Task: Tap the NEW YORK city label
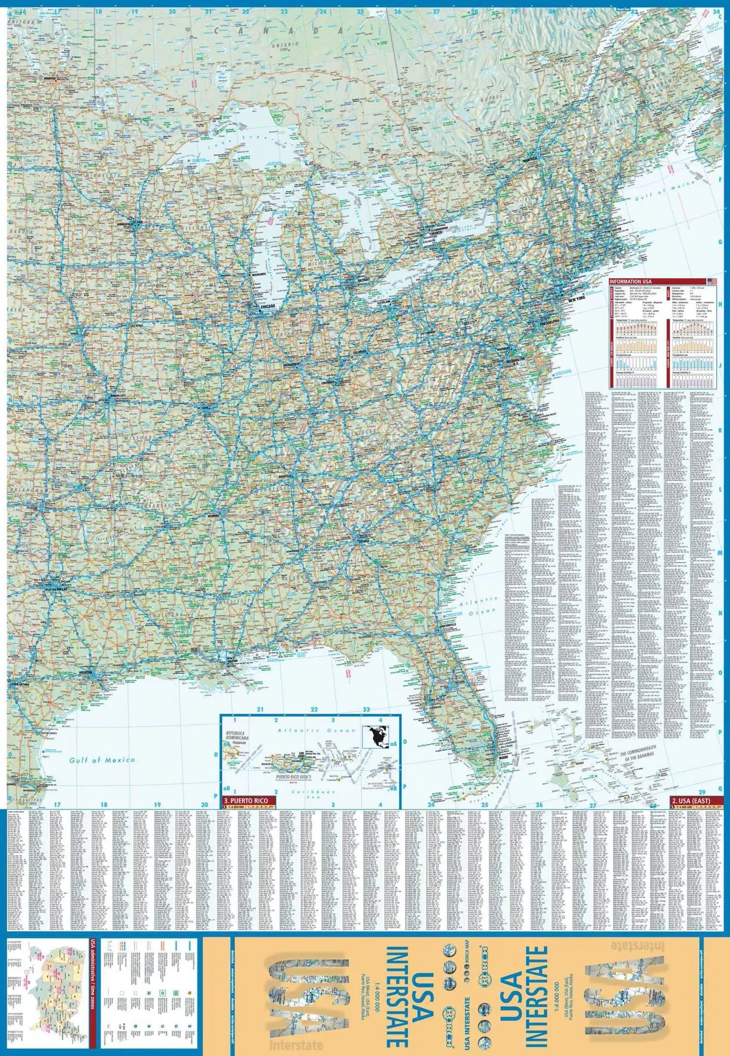[x=577, y=299]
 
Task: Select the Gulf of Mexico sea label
[x=102, y=760]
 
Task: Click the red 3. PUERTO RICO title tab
[x=246, y=801]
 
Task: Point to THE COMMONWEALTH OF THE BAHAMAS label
[x=637, y=757]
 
